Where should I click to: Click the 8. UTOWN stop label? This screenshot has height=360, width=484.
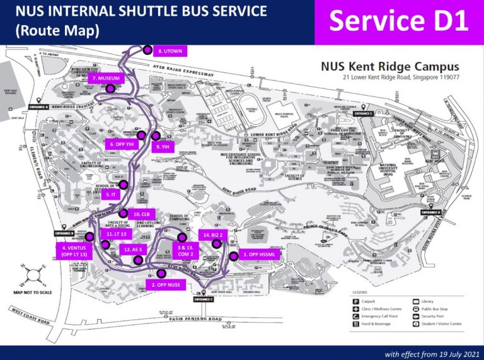[x=169, y=50]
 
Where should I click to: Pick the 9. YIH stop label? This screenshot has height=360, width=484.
[x=162, y=147]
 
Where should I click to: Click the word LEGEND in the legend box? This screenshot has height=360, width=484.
[x=360, y=293]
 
